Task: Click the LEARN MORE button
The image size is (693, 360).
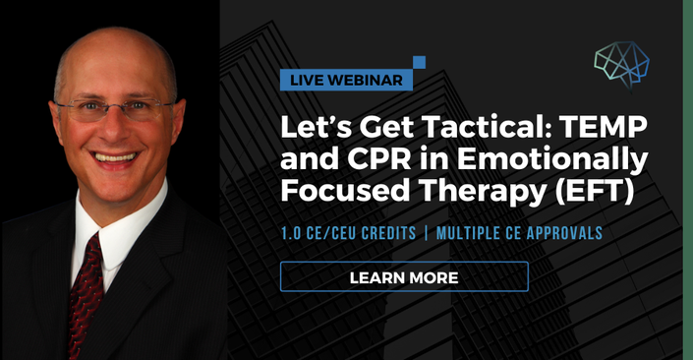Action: click(404, 276)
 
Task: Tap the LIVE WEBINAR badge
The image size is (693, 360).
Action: click(346, 80)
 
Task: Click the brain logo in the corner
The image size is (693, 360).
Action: click(622, 64)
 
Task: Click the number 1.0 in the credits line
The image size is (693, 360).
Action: click(291, 233)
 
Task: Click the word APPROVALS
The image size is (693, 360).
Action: click(562, 233)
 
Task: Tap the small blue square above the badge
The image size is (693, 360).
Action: click(419, 62)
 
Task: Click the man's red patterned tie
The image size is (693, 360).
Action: click(84, 292)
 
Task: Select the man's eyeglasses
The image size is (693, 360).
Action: click(114, 110)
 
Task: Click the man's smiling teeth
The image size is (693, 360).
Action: click(115, 157)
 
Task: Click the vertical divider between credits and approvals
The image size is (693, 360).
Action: click(426, 233)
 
